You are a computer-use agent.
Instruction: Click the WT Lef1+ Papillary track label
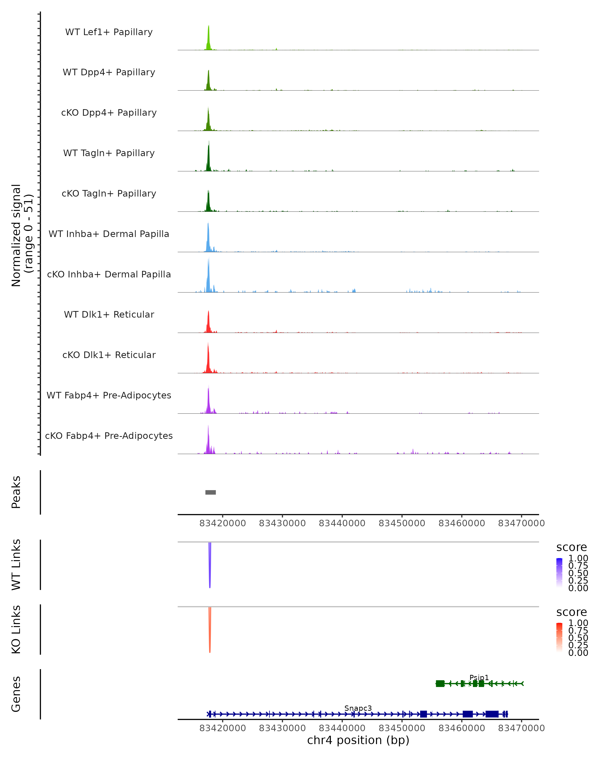[109, 32]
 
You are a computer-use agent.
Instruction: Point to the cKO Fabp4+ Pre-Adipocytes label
[109, 436]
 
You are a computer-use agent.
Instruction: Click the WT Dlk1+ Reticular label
[109, 314]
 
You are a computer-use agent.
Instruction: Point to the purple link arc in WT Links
[210, 566]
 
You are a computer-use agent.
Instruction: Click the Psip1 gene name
[479, 677]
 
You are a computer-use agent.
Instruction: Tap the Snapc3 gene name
[358, 708]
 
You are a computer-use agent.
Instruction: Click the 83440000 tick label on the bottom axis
[342, 728]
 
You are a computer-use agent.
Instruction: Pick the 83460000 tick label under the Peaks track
[462, 523]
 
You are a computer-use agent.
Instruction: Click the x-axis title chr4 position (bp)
[358, 740]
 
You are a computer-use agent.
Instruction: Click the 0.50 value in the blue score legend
[578, 573]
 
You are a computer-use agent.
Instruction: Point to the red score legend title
[572, 612]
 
